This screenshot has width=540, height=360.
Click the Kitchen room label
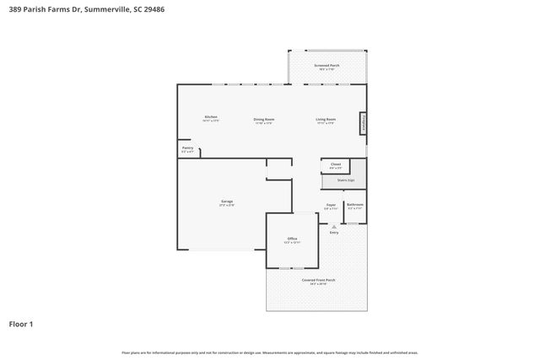pyautogui.click(x=211, y=116)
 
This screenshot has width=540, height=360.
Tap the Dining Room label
pyautogui.click(x=264, y=119)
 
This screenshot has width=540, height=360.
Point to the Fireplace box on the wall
pyautogui.click(x=364, y=124)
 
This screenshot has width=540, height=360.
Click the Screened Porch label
pyautogui.click(x=327, y=65)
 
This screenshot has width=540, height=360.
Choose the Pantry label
pyautogui.click(x=187, y=148)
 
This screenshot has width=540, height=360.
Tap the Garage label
pyautogui.click(x=227, y=201)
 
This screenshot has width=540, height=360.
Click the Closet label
pyautogui.click(x=335, y=164)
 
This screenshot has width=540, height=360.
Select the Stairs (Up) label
pyautogui.click(x=345, y=180)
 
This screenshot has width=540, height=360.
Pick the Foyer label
pyautogui.click(x=331, y=205)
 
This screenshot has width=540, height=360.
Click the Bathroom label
pyautogui.click(x=355, y=205)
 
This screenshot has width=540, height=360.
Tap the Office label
pyautogui.click(x=292, y=239)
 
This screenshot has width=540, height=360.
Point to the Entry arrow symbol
pyautogui.click(x=334, y=226)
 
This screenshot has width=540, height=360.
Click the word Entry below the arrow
pyautogui.click(x=334, y=233)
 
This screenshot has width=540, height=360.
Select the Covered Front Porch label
pyautogui.click(x=318, y=280)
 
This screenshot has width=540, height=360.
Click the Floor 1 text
pyautogui.click(x=21, y=323)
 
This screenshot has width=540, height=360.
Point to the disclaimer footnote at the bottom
pyautogui.click(x=270, y=352)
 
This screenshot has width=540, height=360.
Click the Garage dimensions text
pyautogui.click(x=227, y=206)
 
